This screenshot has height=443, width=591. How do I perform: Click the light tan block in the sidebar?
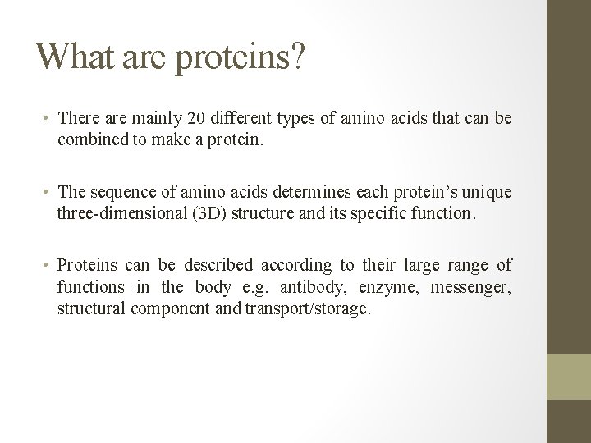pyautogui.click(x=569, y=376)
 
